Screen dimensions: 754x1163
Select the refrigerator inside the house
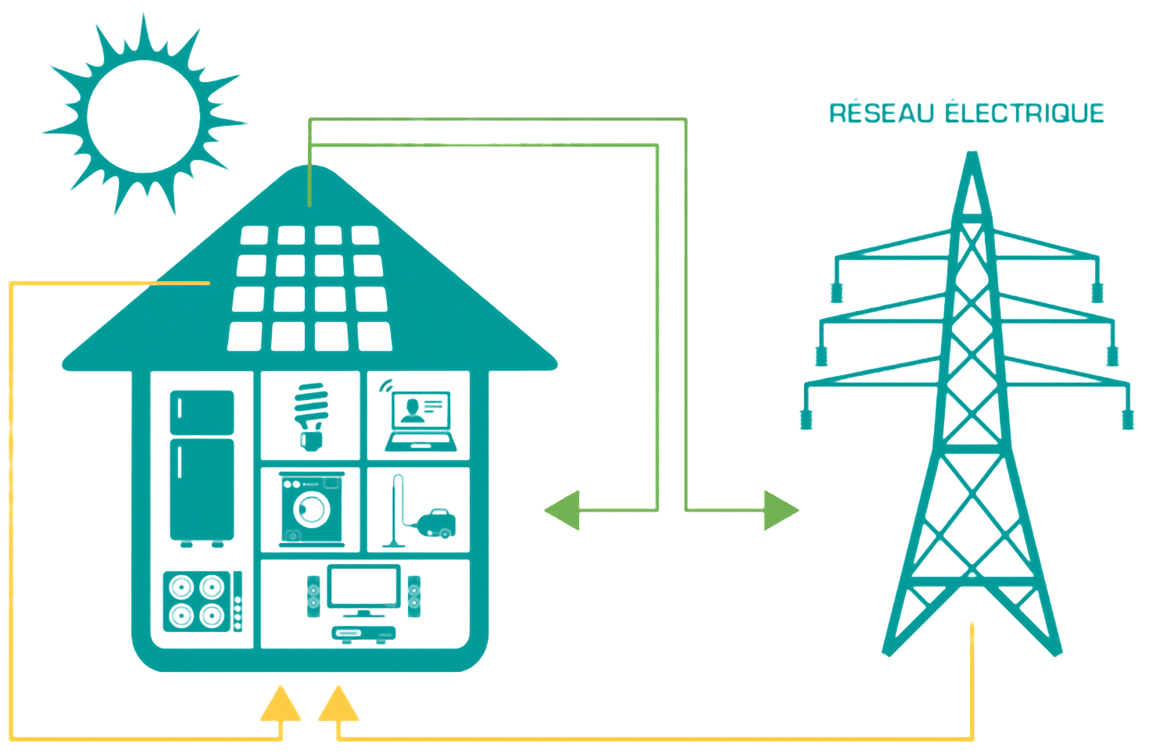[202, 466]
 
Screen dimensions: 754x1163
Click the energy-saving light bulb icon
[310, 414]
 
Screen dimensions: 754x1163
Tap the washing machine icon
[310, 507]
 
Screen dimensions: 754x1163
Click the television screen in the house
[364, 588]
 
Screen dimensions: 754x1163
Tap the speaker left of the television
[313, 595]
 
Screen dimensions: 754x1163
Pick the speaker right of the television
[413, 595]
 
